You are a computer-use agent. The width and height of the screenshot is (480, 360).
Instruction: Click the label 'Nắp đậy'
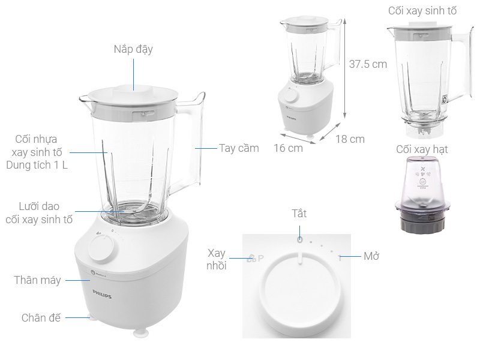(x=133, y=49)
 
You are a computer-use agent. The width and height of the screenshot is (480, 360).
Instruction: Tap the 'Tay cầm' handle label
(x=239, y=148)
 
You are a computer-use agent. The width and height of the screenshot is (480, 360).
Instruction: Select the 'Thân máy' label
(x=38, y=280)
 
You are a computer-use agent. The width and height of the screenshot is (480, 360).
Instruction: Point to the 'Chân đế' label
(x=41, y=318)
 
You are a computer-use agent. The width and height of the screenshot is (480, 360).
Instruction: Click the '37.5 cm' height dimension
(x=368, y=64)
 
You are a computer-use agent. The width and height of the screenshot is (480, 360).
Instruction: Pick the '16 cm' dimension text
(x=288, y=148)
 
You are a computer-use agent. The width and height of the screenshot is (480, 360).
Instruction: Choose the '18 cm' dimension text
(x=350, y=139)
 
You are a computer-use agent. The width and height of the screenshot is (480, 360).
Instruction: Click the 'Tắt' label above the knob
(x=299, y=214)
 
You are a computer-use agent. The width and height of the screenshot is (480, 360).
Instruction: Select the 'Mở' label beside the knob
(x=371, y=256)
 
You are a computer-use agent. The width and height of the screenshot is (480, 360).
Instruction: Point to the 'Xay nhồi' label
(x=217, y=259)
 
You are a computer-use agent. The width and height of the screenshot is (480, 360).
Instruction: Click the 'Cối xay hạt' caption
(x=422, y=149)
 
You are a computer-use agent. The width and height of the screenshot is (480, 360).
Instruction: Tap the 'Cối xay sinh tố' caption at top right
(x=422, y=11)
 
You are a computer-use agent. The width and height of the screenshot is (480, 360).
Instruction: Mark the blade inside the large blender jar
(x=128, y=211)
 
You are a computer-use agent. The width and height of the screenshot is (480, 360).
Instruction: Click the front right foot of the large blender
(x=140, y=329)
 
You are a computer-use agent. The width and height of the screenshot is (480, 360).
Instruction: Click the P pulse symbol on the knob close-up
(x=260, y=258)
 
